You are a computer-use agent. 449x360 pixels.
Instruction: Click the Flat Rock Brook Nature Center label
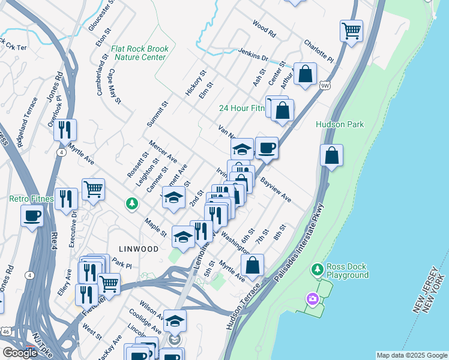coord(139,53)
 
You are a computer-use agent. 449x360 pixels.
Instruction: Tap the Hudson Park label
coord(340,124)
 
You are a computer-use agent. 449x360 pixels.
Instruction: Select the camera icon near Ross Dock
coord(312,298)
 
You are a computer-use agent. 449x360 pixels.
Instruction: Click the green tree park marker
coord(131,205)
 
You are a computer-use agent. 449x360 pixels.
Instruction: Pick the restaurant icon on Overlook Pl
coord(65,129)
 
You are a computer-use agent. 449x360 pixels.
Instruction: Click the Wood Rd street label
coord(264,28)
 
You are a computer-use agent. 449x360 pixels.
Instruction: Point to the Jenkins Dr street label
coord(253,55)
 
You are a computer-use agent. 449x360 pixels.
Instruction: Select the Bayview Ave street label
coord(276,189)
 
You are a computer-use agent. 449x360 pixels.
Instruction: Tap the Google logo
coord(20,353)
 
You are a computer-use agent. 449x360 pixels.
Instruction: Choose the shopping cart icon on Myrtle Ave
coord(93,189)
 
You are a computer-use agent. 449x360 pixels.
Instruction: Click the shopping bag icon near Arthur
coord(306,74)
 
